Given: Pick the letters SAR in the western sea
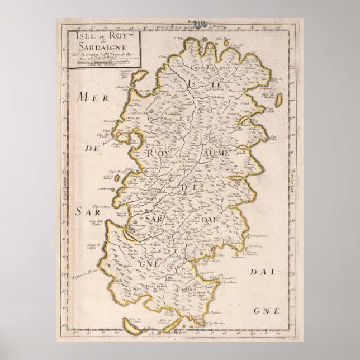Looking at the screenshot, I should click(x=86, y=212).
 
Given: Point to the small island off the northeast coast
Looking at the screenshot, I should click(x=275, y=100).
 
